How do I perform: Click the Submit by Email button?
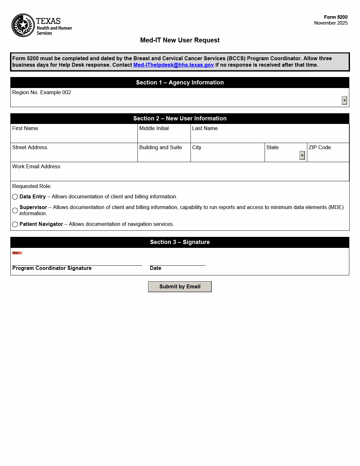180,287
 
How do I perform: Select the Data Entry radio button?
15,197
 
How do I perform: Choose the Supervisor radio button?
15,211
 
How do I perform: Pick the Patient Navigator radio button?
15,224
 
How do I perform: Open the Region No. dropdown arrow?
344,100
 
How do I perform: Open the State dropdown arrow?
302,155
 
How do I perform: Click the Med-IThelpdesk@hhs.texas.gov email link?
173,65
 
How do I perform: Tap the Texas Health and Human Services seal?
23,25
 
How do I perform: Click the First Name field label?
25,128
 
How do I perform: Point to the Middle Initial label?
154,128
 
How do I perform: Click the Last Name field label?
205,128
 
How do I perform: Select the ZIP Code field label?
320,148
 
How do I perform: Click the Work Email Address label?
36,167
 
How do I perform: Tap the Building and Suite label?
160,148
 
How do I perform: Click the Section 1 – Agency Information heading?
180,83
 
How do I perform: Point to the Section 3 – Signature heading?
180,242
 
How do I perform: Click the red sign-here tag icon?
17,253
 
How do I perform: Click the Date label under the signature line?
156,268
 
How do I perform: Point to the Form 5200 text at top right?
336,17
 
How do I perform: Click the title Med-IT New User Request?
180,40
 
